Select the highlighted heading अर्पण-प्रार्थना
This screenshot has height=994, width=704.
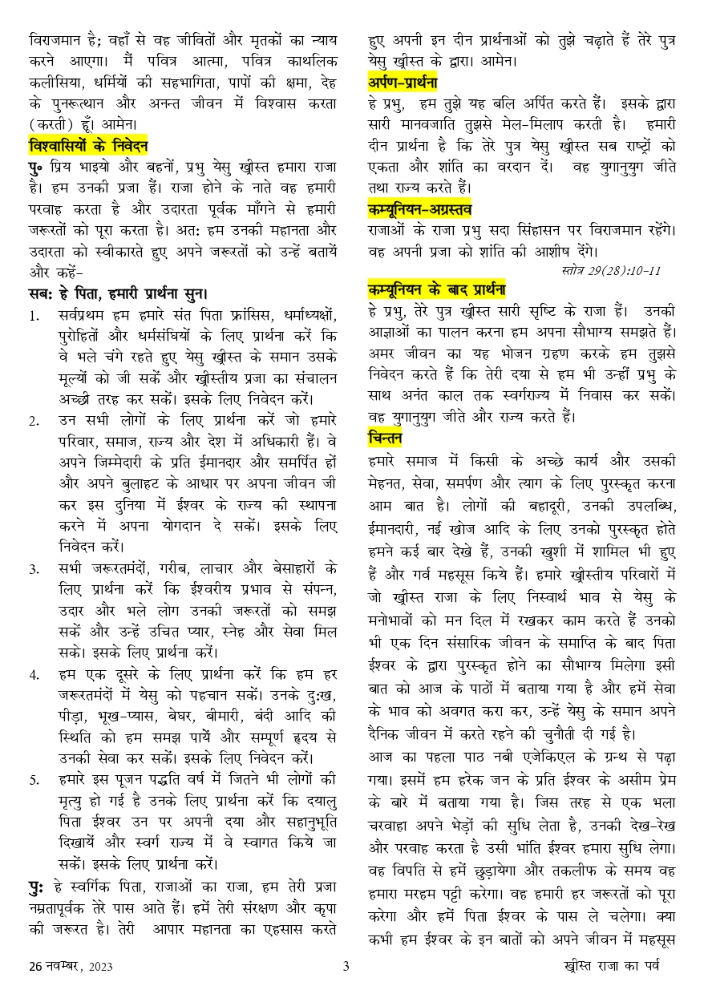(x=403, y=83)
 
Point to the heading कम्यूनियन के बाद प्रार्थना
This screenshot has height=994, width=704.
(x=436, y=289)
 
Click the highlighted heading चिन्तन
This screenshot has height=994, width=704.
(x=385, y=438)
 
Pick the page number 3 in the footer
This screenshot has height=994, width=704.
(x=346, y=966)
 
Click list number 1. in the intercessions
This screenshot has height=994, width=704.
(x=34, y=315)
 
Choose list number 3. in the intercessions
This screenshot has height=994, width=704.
(x=34, y=569)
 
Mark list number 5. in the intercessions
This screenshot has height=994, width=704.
(x=34, y=780)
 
